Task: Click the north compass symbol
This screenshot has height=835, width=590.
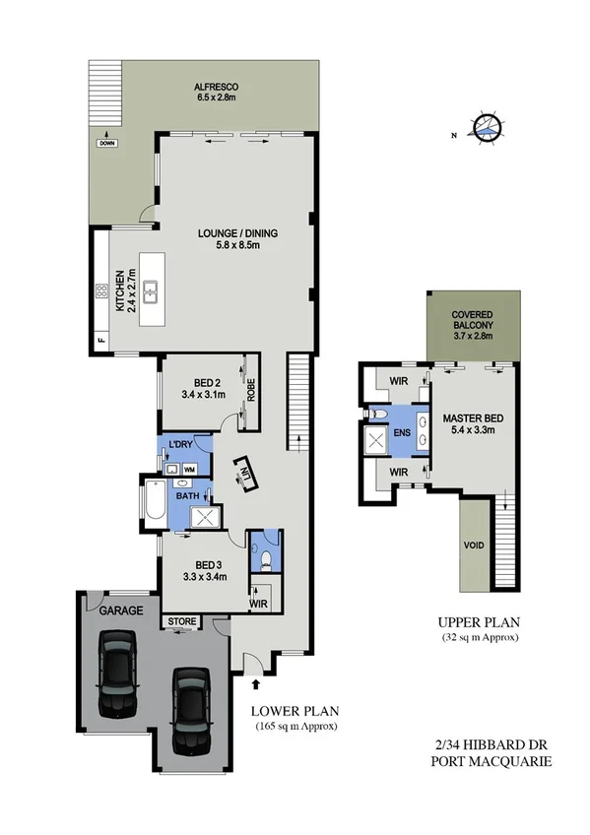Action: coord(485,126)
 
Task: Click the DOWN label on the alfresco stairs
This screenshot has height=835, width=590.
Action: coord(106,144)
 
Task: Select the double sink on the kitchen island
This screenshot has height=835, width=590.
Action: coord(153,291)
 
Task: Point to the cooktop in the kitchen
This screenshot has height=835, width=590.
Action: coord(100,290)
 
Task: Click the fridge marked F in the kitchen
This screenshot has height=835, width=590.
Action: coord(100,341)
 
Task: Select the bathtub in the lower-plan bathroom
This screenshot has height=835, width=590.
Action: coord(155,503)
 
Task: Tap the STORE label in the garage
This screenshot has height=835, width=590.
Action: coord(181,621)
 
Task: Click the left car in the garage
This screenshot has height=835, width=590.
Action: coord(117,674)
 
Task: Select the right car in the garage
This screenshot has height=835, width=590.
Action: coord(190,708)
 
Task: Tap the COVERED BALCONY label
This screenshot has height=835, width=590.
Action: coord(472,326)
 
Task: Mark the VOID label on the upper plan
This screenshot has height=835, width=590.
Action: coord(474,544)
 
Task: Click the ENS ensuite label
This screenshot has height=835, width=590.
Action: coord(402,430)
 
